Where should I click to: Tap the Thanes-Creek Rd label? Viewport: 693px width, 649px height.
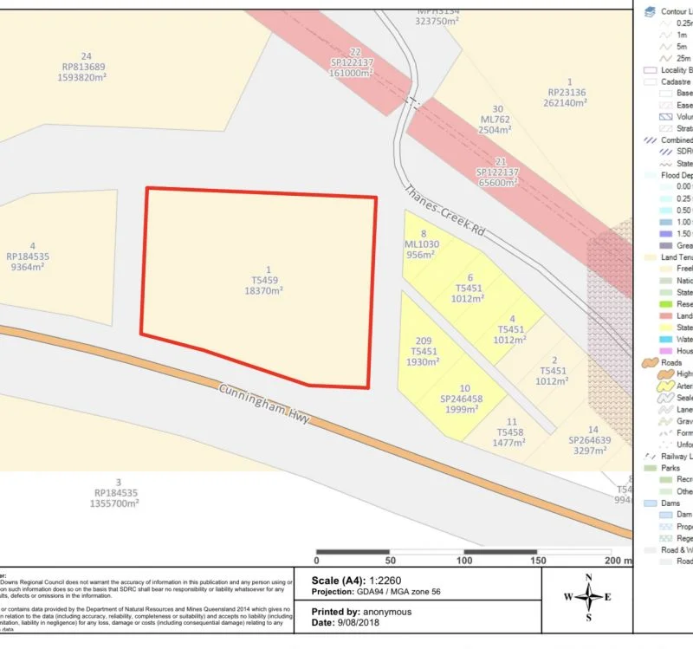[x=443, y=211]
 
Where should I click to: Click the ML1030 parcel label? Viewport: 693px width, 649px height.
[x=423, y=244]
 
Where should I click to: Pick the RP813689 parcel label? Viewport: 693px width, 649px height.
[x=84, y=67]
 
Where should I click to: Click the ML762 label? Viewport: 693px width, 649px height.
[x=497, y=120]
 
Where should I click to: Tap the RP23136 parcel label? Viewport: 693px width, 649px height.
[x=567, y=91]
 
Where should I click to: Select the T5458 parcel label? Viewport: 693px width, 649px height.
[x=512, y=432]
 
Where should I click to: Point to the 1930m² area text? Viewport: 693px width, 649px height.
[x=423, y=363]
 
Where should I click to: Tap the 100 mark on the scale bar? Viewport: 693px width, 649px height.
[x=463, y=561]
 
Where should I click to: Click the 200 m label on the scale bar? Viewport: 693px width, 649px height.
[x=618, y=561]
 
